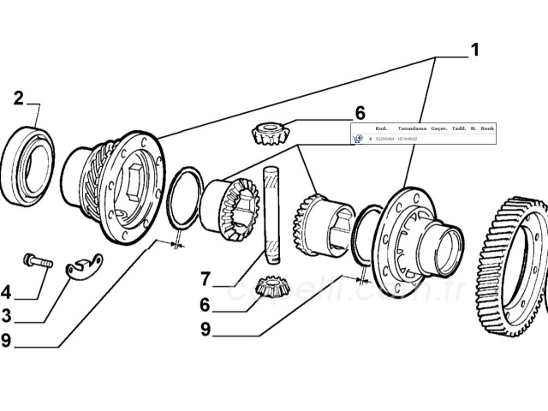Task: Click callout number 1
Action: point(474,49)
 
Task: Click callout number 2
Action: point(19,98)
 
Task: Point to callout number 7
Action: point(205,278)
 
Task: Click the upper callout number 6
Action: point(360,113)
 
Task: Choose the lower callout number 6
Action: point(205,304)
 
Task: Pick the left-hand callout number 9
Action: point(7,340)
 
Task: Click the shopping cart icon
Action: point(358,139)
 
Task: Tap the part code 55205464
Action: point(384,139)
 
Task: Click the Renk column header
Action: point(488,128)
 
